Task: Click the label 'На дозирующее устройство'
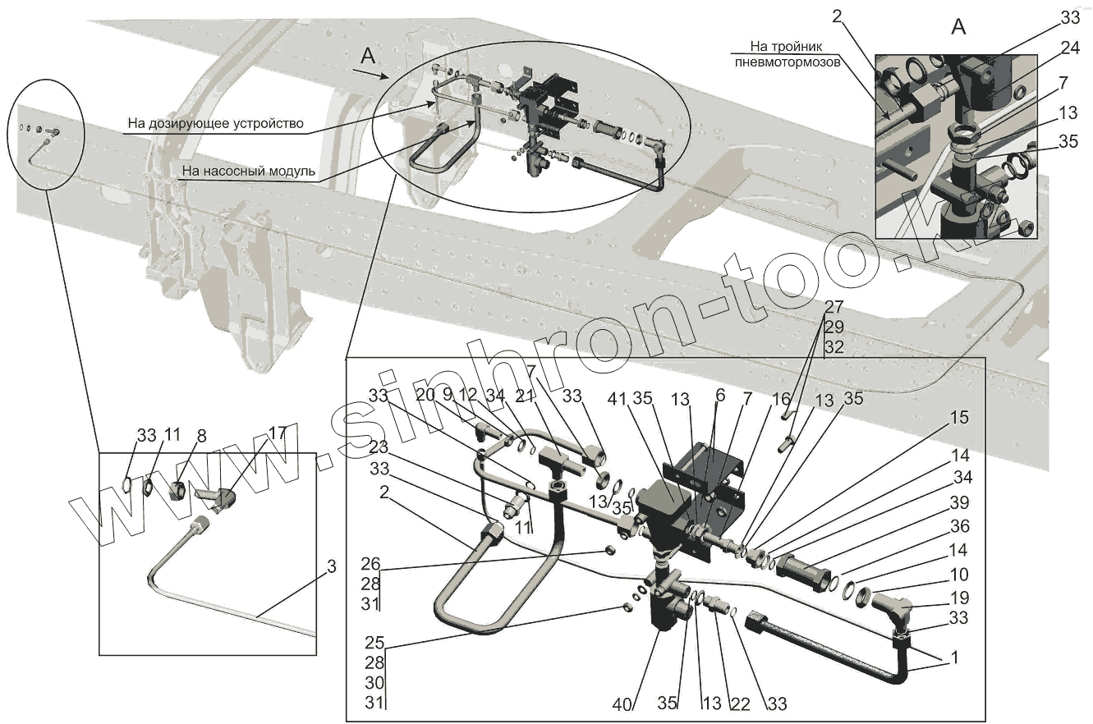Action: tap(215, 124)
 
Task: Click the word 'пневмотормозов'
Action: tap(788, 62)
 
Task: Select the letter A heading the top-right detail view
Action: tap(958, 27)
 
